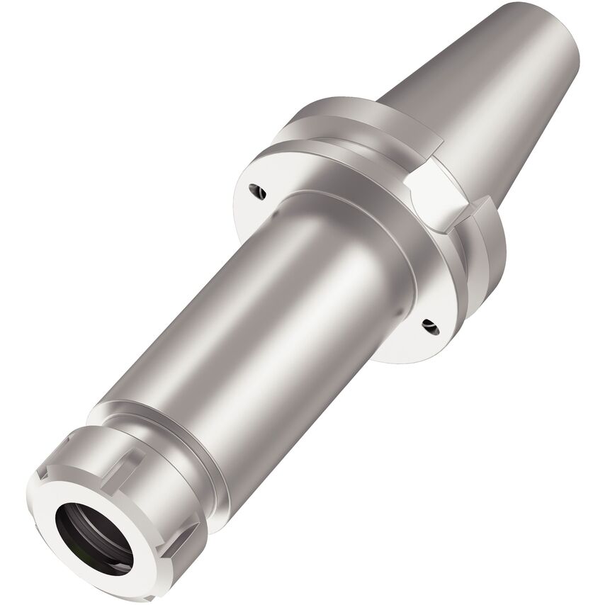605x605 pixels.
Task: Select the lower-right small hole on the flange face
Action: click(x=429, y=325)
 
